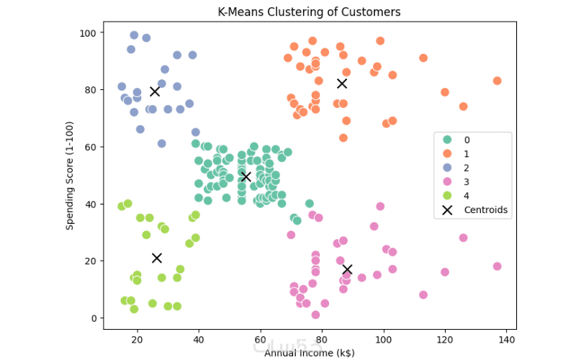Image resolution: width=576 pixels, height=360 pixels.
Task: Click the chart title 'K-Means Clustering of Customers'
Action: pos(309,12)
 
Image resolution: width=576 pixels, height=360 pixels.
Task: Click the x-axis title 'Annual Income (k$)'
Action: pos(309,353)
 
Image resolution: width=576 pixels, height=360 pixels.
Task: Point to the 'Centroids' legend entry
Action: pos(485,210)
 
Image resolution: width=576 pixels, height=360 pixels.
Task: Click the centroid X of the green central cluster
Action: pos(246,176)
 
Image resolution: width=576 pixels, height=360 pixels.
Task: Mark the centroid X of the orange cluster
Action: pos(342,84)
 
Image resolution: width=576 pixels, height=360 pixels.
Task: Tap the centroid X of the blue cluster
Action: pos(155,91)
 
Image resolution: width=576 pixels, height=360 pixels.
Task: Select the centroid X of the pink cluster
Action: pos(347,269)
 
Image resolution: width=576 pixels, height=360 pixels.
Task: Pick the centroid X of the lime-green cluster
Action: pos(157,258)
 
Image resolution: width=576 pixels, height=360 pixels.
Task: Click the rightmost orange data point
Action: pos(497,81)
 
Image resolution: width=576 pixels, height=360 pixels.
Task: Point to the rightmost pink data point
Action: pos(497,266)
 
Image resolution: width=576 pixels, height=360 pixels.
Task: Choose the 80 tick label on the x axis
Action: pos(321,338)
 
